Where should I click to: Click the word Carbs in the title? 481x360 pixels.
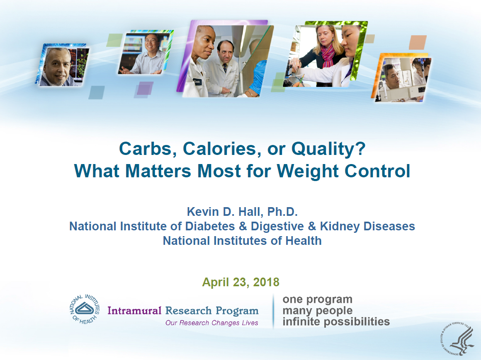(x=146, y=149)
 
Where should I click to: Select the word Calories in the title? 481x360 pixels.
(x=220, y=149)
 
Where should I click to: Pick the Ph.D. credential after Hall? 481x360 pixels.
(x=282, y=212)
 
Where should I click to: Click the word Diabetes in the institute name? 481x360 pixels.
(x=210, y=226)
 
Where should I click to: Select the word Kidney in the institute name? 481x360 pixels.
(x=340, y=227)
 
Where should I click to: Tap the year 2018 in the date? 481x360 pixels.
(x=266, y=282)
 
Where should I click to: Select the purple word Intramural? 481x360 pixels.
(x=134, y=311)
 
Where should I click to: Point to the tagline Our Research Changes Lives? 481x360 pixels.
(x=211, y=323)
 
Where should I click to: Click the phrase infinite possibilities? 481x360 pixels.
(x=336, y=322)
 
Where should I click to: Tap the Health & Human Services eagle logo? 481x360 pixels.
(x=457, y=339)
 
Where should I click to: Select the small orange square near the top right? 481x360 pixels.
(x=418, y=42)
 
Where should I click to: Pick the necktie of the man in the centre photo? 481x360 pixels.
(x=225, y=68)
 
